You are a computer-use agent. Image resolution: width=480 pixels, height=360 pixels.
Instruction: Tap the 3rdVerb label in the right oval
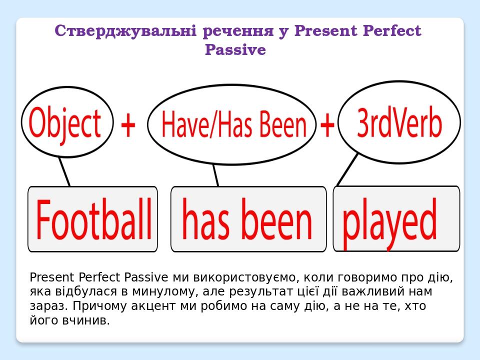click(x=399, y=123)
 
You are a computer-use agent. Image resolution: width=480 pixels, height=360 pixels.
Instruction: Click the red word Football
click(x=94, y=219)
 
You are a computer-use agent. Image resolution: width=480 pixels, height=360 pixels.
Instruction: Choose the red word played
click(x=389, y=220)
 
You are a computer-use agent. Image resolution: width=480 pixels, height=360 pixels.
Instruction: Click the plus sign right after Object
click(x=128, y=125)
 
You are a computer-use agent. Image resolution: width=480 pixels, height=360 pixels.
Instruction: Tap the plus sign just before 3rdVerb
click(x=327, y=125)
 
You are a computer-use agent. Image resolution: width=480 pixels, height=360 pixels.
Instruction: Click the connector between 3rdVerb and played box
click(x=347, y=169)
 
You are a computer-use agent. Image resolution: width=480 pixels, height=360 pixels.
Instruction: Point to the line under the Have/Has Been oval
click(x=215, y=175)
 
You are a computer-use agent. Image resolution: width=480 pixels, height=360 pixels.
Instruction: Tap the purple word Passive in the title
click(x=235, y=50)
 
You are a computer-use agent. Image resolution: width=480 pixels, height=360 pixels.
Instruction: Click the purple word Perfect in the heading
click(x=392, y=31)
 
